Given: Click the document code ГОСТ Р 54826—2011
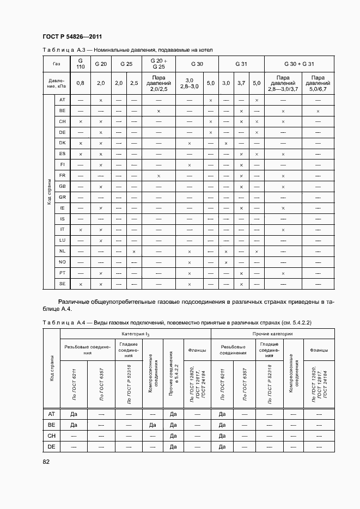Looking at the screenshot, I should (72, 37).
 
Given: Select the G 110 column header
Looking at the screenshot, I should (80, 64).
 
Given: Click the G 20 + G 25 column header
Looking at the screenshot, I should (158, 64).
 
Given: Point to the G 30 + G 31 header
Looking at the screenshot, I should (299, 64).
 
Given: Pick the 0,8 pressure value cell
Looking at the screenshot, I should (80, 83).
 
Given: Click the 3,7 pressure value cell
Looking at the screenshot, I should (241, 83).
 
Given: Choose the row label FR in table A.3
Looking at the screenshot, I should (62, 175).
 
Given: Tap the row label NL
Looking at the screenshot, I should (62, 251).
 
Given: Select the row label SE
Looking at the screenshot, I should (62, 283).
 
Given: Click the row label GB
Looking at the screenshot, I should (62, 186).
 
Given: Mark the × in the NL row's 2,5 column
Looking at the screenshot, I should (133, 252).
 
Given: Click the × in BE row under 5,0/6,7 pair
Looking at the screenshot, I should (318, 111).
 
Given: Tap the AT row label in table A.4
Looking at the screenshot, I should (52, 414).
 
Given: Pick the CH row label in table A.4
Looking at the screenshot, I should (52, 436).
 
